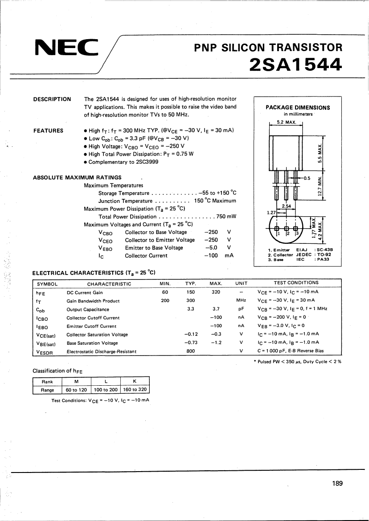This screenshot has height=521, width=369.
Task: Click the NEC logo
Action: (x=66, y=48)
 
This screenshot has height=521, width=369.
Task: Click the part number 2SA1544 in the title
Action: (x=296, y=65)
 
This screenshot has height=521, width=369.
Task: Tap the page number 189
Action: (x=337, y=484)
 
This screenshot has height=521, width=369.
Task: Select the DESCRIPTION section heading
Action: (x=52, y=99)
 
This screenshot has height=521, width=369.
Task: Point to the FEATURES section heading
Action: (x=48, y=131)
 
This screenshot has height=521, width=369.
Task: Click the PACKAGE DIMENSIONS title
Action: (x=298, y=107)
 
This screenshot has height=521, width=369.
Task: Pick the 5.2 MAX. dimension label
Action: (x=286, y=122)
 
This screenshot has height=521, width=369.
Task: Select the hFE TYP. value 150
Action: (x=191, y=292)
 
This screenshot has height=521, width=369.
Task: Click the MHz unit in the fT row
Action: (x=241, y=301)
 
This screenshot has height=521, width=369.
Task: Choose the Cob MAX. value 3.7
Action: (x=216, y=309)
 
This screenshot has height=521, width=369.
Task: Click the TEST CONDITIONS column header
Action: (x=296, y=283)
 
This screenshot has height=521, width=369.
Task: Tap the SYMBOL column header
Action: (x=47, y=283)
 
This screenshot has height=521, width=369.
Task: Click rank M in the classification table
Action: (x=76, y=381)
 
